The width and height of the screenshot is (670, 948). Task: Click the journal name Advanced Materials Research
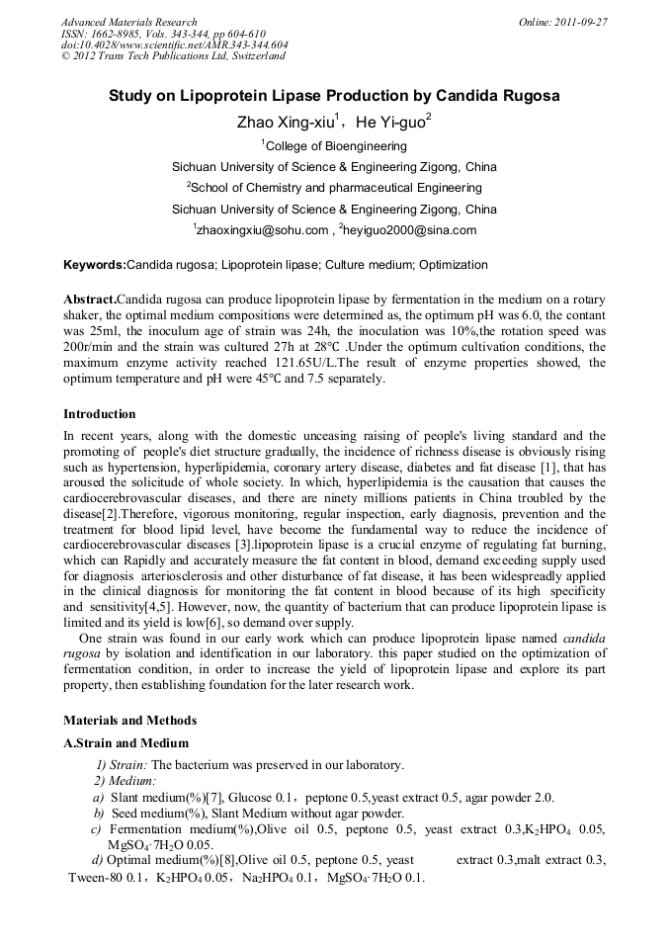coord(128,22)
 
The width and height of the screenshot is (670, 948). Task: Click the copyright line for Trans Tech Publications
coord(173,56)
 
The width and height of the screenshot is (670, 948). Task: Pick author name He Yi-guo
coord(390,123)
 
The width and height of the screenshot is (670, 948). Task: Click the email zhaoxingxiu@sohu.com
coord(262,230)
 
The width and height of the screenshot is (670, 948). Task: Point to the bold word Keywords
coord(94,265)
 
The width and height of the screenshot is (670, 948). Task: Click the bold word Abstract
coord(89,299)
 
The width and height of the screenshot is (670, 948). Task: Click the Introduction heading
coord(100,413)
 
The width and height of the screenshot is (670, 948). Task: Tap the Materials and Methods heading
coord(129,720)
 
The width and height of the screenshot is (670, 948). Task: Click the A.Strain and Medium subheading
coord(126,743)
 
